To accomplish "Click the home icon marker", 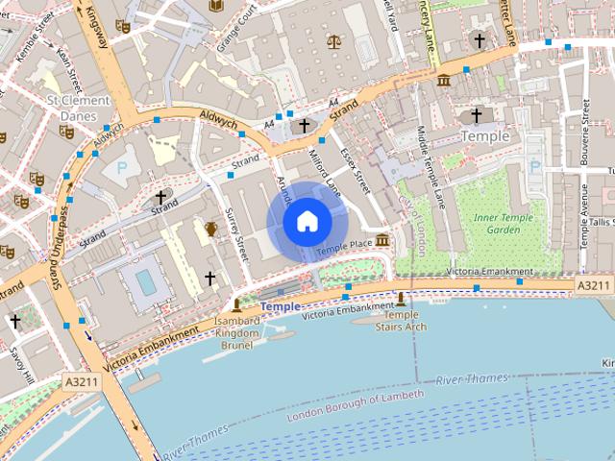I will point(307,222).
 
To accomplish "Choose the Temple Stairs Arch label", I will point(401,320).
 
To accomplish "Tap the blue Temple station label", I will point(280,307).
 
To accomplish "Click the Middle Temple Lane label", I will point(430,169).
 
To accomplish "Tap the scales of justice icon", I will point(333,41).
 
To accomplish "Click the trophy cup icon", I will point(210,229).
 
